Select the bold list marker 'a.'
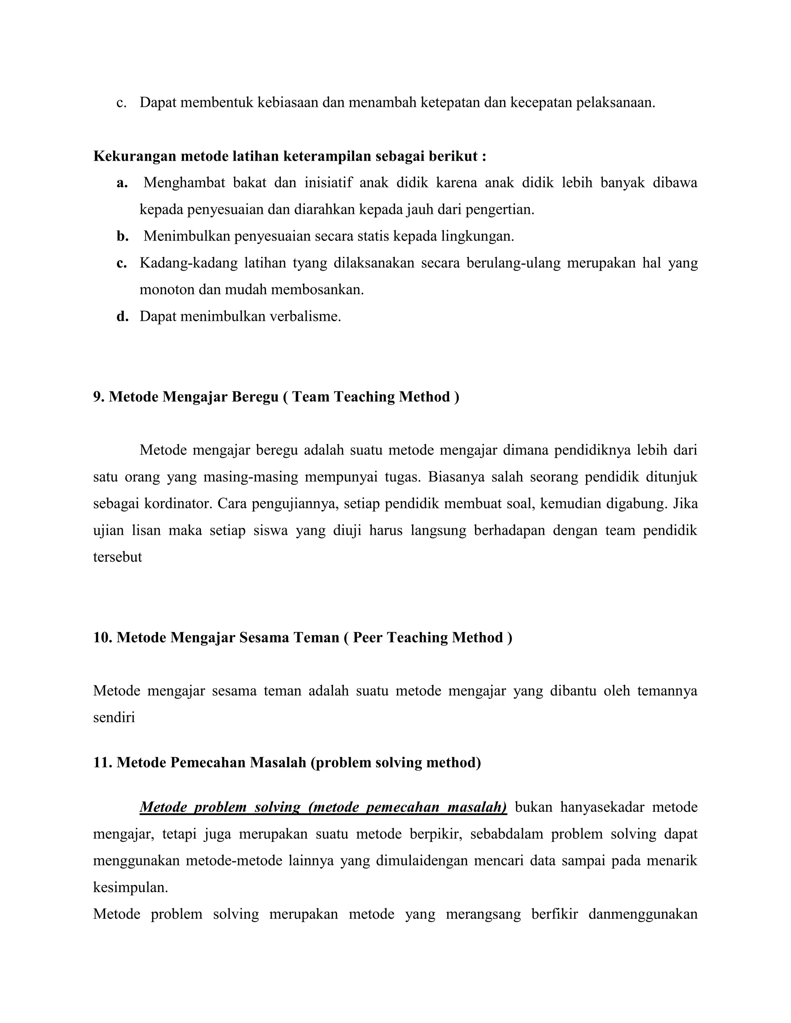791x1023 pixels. [x=122, y=183]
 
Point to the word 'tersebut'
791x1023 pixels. [x=117, y=557]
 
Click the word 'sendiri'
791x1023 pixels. [x=114, y=718]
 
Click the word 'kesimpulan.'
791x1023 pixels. [x=130, y=888]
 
